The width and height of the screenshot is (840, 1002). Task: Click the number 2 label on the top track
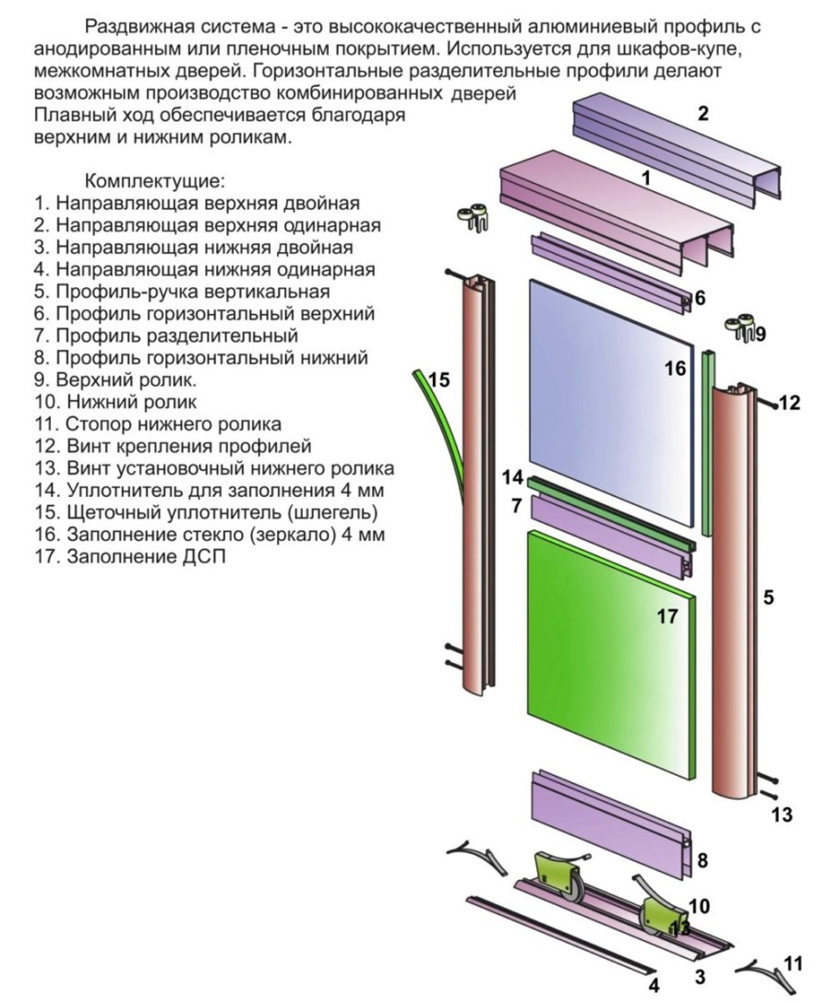coord(702,115)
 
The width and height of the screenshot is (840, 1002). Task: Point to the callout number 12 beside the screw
coord(790,403)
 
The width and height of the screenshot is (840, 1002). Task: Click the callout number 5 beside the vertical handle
coord(768,598)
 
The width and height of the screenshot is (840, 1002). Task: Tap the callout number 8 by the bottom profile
coord(702,861)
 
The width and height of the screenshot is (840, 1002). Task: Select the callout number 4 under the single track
coord(654,985)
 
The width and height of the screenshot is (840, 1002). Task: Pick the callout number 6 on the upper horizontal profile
coord(700,297)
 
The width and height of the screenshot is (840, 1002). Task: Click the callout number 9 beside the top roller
coord(760,334)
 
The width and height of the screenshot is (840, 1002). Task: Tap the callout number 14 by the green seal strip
coord(512,477)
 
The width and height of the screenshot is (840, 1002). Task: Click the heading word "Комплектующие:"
coord(154,180)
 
